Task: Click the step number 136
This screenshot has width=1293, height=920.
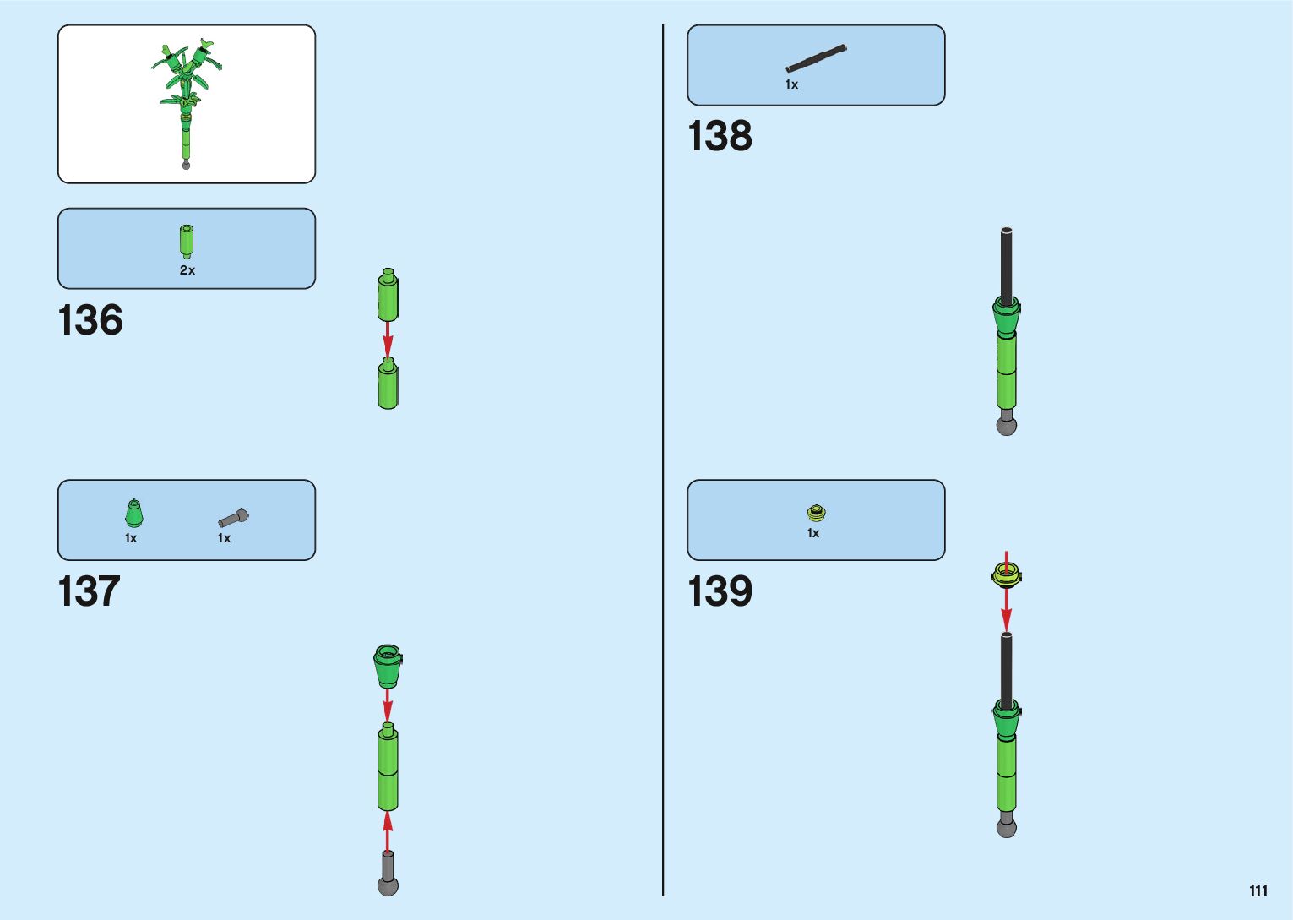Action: pyautogui.click(x=90, y=321)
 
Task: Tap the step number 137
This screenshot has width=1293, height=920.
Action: pyautogui.click(x=89, y=591)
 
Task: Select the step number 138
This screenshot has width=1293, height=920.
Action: pyautogui.click(x=720, y=136)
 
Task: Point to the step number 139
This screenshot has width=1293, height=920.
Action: pyautogui.click(x=720, y=591)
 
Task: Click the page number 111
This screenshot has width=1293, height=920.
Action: pyautogui.click(x=1258, y=890)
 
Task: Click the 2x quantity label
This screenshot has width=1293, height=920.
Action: pyautogui.click(x=187, y=270)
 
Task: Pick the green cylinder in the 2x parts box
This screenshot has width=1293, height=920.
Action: pyautogui.click(x=187, y=241)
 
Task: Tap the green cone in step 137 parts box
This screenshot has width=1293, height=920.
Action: pyautogui.click(x=133, y=514)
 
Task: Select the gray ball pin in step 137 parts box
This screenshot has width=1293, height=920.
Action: pyautogui.click(x=233, y=517)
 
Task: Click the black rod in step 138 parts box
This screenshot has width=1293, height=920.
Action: pyautogui.click(x=816, y=59)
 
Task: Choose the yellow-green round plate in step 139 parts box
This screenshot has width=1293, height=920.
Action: pyautogui.click(x=816, y=513)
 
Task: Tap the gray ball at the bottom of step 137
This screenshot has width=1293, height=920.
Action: pyautogui.click(x=388, y=885)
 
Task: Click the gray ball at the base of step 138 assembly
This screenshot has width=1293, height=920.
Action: pyautogui.click(x=1006, y=425)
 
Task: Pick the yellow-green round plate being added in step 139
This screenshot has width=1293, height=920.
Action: pyautogui.click(x=1006, y=576)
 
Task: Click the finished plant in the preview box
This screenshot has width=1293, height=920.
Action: pyautogui.click(x=187, y=101)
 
